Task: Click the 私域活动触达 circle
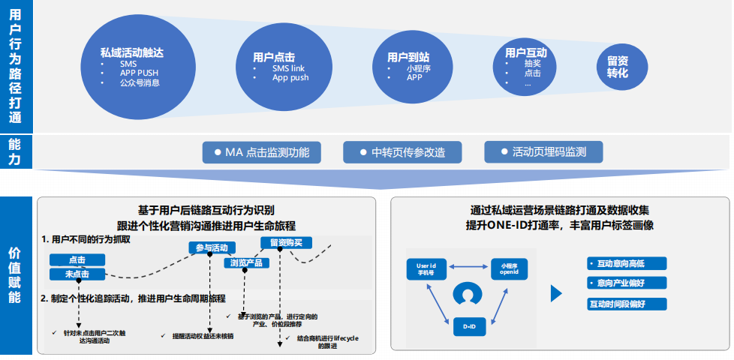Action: click(135, 65)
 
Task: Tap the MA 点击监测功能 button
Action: click(262, 152)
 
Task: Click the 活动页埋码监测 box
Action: click(543, 152)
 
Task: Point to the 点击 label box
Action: click(77, 259)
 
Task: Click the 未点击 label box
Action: click(77, 274)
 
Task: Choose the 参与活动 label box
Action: click(212, 247)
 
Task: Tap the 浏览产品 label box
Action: click(247, 262)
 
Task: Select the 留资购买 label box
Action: click(281, 241)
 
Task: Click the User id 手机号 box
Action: click(432, 267)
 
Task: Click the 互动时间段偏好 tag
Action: click(617, 304)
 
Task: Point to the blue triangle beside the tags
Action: click(556, 293)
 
